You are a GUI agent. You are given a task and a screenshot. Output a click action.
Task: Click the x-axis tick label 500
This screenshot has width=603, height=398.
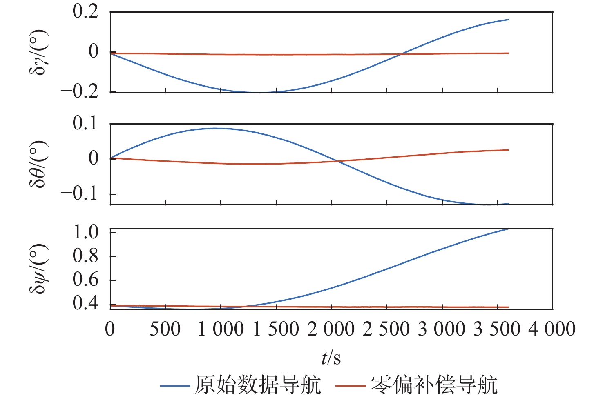pyautogui.click(x=165, y=329)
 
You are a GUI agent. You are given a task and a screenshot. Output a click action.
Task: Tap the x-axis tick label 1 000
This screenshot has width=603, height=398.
pyautogui.click(x=221, y=329)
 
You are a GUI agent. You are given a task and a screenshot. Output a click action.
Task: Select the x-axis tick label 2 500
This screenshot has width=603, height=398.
pyautogui.click(x=386, y=329)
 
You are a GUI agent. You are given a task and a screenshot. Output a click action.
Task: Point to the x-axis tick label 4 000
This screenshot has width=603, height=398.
pyautogui.click(x=552, y=329)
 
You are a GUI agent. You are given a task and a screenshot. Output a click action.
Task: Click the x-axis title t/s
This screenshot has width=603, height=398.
pyautogui.click(x=331, y=358)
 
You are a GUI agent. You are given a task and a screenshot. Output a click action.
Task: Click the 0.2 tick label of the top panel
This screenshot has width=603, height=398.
pyautogui.click(x=85, y=11)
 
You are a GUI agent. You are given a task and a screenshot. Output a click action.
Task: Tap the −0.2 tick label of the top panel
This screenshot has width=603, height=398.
pyautogui.click(x=80, y=91)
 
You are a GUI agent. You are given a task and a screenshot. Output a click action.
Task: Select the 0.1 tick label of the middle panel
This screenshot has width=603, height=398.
pyautogui.click(x=85, y=123)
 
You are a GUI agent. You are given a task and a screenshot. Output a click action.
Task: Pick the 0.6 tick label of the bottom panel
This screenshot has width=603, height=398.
pyautogui.click(x=85, y=280)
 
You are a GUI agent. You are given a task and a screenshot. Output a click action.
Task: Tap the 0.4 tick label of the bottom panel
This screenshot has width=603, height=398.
pyautogui.click(x=85, y=303)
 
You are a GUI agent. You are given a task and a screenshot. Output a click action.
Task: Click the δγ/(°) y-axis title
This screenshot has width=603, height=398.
pyautogui.click(x=39, y=52)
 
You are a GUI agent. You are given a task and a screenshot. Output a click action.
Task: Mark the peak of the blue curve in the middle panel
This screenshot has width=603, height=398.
pyautogui.click(x=216, y=128)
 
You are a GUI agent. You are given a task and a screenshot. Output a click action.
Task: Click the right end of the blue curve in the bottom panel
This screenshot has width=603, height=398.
pyautogui.click(x=508, y=229)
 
